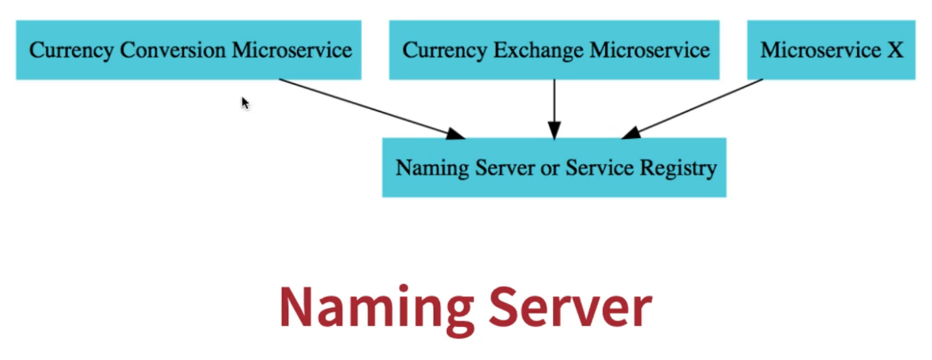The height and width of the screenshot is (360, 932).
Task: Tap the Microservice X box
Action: click(831, 50)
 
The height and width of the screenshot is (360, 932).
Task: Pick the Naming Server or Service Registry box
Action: click(554, 167)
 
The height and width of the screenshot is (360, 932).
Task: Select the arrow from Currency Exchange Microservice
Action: click(554, 107)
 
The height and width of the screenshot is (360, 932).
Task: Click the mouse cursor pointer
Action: click(245, 102)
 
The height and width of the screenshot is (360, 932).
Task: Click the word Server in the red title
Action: click(569, 308)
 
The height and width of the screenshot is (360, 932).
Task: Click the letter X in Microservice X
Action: click(894, 51)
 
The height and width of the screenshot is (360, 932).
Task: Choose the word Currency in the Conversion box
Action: click(71, 51)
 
